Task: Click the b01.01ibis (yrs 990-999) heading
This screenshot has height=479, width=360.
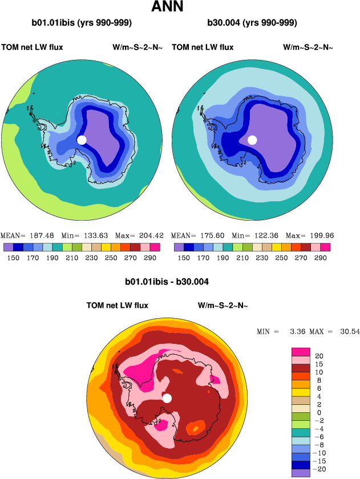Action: click(x=82, y=23)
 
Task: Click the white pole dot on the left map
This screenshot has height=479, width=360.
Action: click(x=82, y=140)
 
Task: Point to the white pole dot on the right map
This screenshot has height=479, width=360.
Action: click(x=252, y=140)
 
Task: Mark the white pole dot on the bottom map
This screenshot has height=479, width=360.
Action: click(x=167, y=398)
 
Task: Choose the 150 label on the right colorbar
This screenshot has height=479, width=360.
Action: click(x=183, y=258)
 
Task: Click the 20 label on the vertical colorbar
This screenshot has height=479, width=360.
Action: click(x=319, y=355)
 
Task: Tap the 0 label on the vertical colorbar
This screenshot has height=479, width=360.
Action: click(x=318, y=412)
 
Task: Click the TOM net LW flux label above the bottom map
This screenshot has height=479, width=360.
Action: click(x=117, y=306)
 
